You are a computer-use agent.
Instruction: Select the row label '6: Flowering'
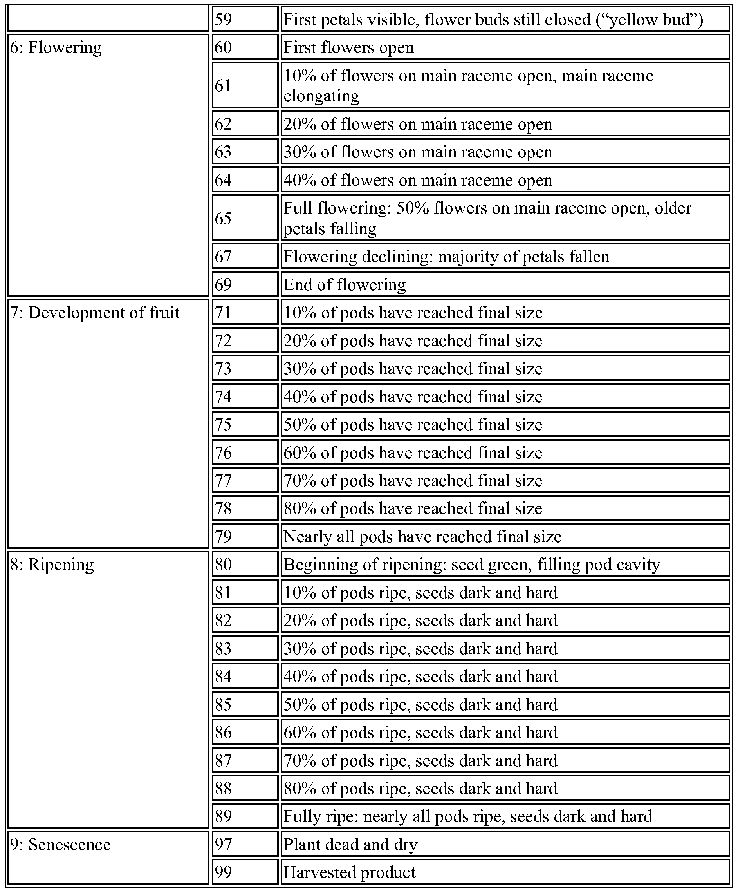pos(56,47)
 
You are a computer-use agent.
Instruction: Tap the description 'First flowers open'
pos(348,47)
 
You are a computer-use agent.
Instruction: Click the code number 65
pos(223,218)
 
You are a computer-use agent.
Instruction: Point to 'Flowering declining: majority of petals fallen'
pos(446,257)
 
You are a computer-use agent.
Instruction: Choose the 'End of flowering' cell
pos(345,284)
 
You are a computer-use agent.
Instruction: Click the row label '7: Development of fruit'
pos(95,313)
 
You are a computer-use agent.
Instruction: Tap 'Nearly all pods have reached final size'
pos(422,536)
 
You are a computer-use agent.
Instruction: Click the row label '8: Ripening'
pos(52,565)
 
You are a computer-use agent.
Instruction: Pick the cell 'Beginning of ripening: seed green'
pos(471,565)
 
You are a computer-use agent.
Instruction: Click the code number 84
pos(223,677)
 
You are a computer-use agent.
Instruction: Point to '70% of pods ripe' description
pos(420,760)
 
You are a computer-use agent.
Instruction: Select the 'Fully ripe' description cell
pos(467,816)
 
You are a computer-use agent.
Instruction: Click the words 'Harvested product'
pos(350,872)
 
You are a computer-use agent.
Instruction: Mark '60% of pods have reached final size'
pos(413,453)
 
